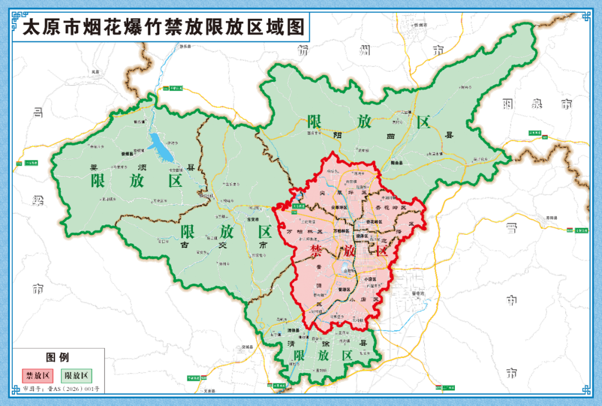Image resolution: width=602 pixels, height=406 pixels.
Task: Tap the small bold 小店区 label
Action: point(370,279)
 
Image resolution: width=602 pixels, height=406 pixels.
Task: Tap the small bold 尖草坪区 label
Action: point(339,207)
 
